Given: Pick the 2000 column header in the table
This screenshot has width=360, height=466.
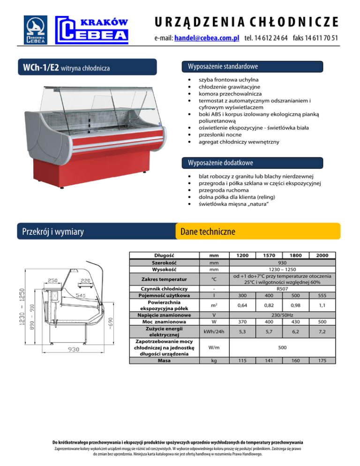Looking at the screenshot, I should pyautogui.click(x=322, y=255).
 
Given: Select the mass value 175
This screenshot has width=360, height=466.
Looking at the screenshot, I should pyautogui.click(x=322, y=360).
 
